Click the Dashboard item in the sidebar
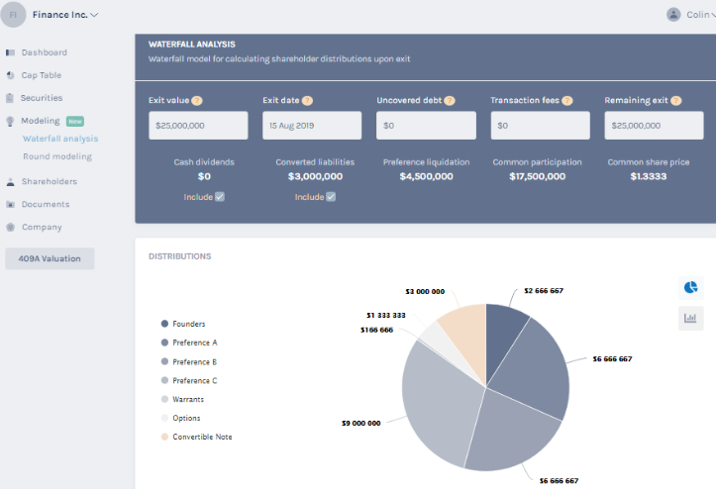coord(44,52)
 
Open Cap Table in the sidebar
coord(41,75)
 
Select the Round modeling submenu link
coord(56,156)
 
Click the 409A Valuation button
coord(50,258)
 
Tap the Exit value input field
coord(198,126)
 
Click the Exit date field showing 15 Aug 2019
coord(312,126)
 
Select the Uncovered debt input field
coord(426,126)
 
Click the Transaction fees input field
coord(540,126)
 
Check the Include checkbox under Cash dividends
coord(220,197)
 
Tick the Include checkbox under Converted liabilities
coord(331,197)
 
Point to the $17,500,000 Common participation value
coord(538,176)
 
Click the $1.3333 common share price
coord(649,176)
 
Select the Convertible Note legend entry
coord(202,437)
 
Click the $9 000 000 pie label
coord(360,423)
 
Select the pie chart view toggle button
coord(690,287)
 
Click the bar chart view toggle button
coord(690,318)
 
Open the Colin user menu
coord(691,15)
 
